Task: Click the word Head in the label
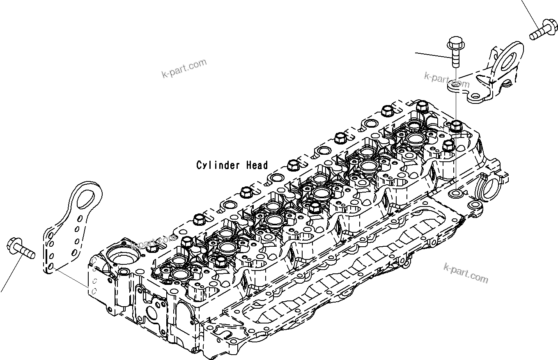(x=257, y=165)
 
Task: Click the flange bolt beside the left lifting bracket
(x=21, y=250)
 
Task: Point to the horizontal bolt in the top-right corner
(x=542, y=30)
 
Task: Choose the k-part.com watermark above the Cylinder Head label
(x=184, y=69)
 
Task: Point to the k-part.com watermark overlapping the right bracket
(x=447, y=81)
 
